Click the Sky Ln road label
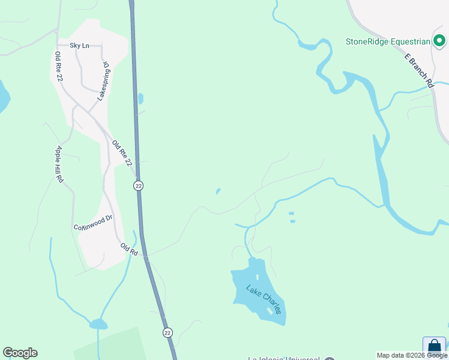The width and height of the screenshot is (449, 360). [x=79, y=45]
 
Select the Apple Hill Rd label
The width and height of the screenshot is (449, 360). [x=59, y=164]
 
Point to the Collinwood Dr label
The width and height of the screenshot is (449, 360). [x=93, y=223]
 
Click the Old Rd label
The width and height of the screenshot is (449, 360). [x=129, y=250]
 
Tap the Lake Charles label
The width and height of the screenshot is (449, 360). [x=264, y=298]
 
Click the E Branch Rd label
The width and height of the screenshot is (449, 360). [x=418, y=71]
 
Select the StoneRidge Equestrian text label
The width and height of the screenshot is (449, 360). [x=388, y=41]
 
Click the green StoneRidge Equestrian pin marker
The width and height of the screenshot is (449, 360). [x=439, y=41]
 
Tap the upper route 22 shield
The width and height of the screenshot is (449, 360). [x=139, y=186]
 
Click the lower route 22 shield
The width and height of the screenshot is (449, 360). [x=167, y=332]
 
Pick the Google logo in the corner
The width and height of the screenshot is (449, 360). [x=20, y=353]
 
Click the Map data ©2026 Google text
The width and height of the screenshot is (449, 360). [x=412, y=355]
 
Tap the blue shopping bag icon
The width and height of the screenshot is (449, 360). [x=434, y=347]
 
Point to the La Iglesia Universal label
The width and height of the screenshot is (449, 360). [x=284, y=358]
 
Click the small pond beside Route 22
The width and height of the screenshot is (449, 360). [x=140, y=98]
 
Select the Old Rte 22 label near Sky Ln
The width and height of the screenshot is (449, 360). [x=58, y=67]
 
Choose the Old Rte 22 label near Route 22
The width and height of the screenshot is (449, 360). [x=121, y=154]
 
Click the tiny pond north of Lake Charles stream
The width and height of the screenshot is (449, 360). [x=218, y=192]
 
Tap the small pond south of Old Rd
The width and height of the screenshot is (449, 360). [x=98, y=325]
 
